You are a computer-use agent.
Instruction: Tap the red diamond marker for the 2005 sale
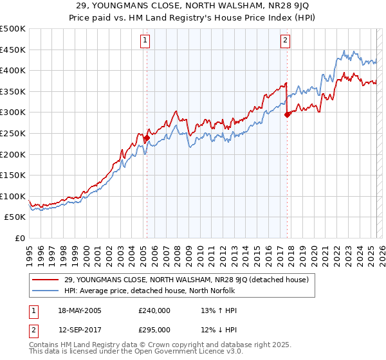(x=147, y=138)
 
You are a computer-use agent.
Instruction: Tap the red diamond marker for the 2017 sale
(x=287, y=114)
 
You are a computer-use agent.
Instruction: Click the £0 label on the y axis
(x=19, y=238)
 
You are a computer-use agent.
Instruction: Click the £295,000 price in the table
(x=155, y=330)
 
